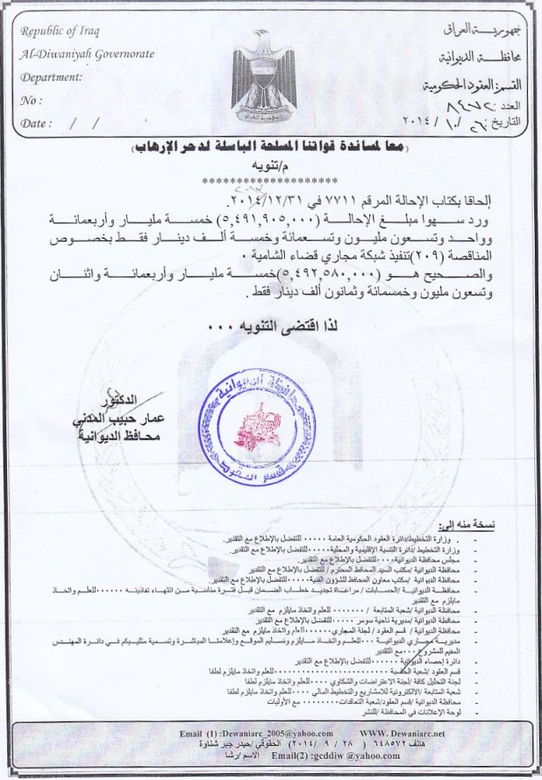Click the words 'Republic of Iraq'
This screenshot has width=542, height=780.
coord(60,32)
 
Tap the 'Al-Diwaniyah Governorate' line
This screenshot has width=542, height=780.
coord(87,54)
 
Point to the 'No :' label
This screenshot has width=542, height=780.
coord(31,101)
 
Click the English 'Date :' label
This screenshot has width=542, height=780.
coord(36,124)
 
